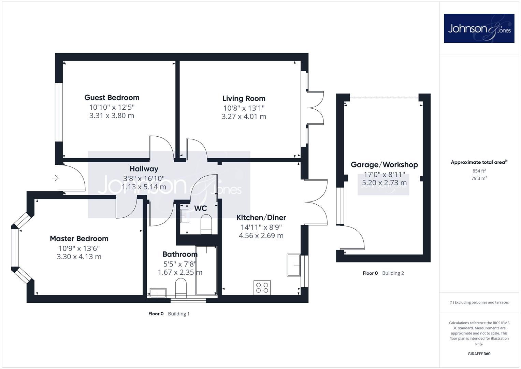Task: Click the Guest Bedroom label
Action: point(112,98)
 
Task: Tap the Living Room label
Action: point(244,98)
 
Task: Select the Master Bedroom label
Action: point(79,238)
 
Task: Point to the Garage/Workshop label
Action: point(384,165)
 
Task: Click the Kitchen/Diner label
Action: point(261,218)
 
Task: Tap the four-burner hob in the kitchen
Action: point(262,288)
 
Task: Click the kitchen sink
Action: point(294,265)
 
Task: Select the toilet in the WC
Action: point(206,224)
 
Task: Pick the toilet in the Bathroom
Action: point(181,289)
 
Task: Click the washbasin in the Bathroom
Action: point(158,293)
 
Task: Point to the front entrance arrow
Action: point(55,178)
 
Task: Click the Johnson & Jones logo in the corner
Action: point(479,28)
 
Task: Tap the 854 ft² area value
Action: point(479,171)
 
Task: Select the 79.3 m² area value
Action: point(479,178)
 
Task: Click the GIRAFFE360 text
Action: point(479,354)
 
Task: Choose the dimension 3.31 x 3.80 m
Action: point(112,115)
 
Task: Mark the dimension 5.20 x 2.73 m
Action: point(384,183)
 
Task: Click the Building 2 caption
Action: point(393,273)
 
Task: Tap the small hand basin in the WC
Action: point(185,216)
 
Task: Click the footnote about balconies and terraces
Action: point(479,302)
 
